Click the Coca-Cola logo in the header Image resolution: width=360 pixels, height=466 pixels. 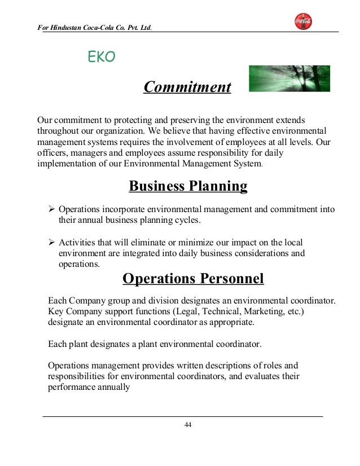[x=303, y=21]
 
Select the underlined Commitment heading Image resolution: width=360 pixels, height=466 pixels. [x=187, y=87]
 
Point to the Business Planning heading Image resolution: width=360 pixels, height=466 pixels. [x=188, y=186]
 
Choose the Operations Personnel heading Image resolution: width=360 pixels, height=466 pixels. [x=193, y=279]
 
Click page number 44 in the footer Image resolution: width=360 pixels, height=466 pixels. [x=188, y=425]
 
